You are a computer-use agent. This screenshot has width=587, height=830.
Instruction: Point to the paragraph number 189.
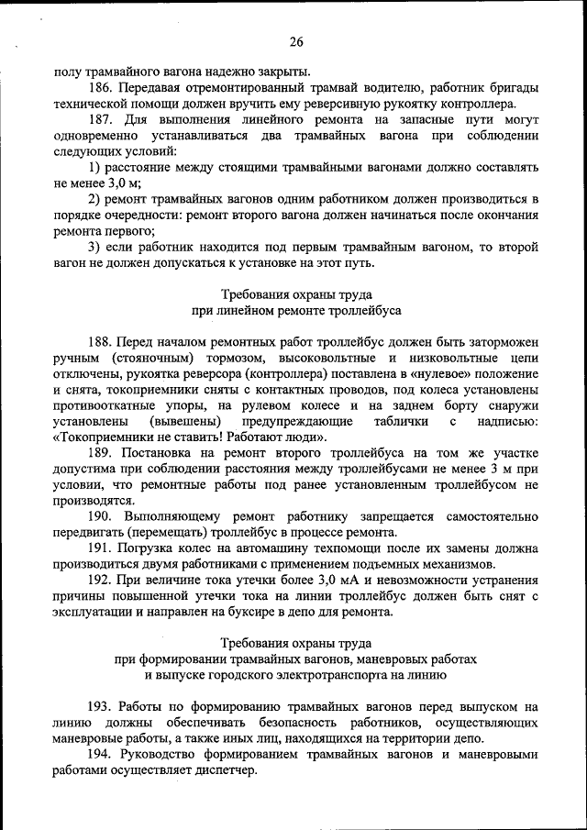click(101, 454)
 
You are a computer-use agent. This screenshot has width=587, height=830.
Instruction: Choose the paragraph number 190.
click(101, 517)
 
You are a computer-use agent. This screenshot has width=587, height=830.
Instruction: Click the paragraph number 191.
click(101, 548)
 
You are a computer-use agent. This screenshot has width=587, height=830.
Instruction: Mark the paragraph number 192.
click(101, 581)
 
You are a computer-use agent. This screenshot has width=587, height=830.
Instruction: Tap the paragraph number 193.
click(101, 707)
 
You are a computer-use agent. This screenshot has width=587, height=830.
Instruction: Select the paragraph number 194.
click(101, 755)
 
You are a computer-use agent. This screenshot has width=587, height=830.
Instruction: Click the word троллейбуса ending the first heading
click(366, 311)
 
